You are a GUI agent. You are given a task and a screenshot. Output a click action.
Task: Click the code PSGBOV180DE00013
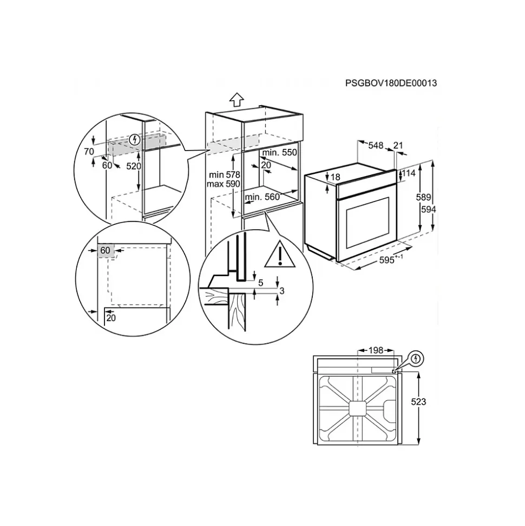pyautogui.click(x=391, y=83)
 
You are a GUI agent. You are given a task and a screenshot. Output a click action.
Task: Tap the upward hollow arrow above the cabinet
pyautogui.click(x=237, y=100)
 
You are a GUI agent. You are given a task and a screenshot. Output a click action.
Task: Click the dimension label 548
pyautogui.click(x=376, y=145)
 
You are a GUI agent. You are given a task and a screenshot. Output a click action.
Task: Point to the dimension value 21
pyautogui.click(x=398, y=145)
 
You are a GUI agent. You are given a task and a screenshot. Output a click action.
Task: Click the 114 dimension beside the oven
pyautogui.click(x=409, y=173)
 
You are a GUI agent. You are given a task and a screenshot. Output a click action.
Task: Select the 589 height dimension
pyautogui.click(x=423, y=197)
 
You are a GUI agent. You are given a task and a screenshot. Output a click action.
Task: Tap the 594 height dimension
pyautogui.click(x=429, y=209)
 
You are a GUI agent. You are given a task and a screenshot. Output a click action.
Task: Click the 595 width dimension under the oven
pyautogui.click(x=387, y=260)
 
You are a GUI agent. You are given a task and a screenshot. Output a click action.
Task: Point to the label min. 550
pyautogui.click(x=280, y=153)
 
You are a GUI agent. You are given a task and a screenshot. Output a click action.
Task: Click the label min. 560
pyautogui.click(x=262, y=197)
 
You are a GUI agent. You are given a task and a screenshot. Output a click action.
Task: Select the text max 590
pyautogui.click(x=224, y=184)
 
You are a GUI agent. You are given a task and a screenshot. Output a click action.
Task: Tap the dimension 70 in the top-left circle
pyautogui.click(x=89, y=152)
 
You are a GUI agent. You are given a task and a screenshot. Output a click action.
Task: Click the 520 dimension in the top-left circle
pyautogui.click(x=134, y=166)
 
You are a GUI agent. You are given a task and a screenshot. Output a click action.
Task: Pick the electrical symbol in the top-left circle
pyautogui.click(x=135, y=139)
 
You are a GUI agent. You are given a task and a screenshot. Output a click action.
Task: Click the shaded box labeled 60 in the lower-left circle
pyautogui.click(x=106, y=251)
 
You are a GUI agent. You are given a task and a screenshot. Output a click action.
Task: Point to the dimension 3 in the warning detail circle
pyautogui.click(x=281, y=291)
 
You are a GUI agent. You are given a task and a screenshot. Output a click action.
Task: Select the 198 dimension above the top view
pyautogui.click(x=376, y=350)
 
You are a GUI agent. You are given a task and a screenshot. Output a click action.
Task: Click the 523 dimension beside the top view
pyautogui.click(x=418, y=401)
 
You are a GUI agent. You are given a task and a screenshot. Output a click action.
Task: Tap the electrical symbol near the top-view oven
pyautogui.click(x=416, y=359)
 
